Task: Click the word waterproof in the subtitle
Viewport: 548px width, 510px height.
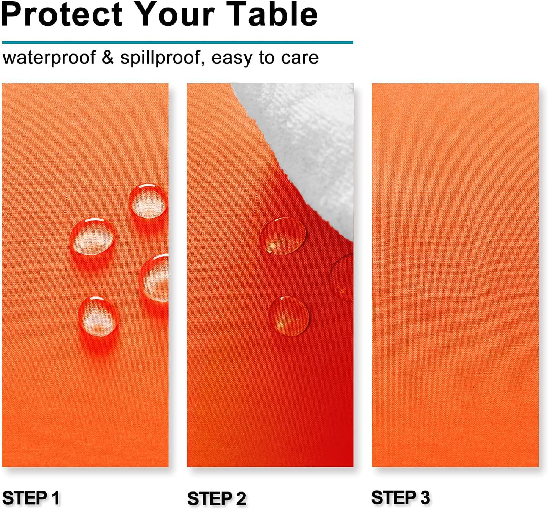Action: [x=49, y=58]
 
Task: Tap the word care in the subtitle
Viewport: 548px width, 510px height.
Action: [x=300, y=58]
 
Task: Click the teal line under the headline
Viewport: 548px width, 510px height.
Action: [x=177, y=42]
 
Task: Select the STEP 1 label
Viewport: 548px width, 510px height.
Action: [x=31, y=498]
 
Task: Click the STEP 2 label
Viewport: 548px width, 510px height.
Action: [x=217, y=499]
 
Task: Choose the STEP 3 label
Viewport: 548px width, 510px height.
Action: [x=400, y=497]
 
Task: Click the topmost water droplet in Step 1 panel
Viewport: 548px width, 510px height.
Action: [x=148, y=202]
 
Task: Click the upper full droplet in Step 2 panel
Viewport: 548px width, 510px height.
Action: [x=283, y=236]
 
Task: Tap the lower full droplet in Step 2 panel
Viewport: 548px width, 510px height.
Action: [x=289, y=316]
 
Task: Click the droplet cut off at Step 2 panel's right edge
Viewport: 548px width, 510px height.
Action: [x=342, y=278]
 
